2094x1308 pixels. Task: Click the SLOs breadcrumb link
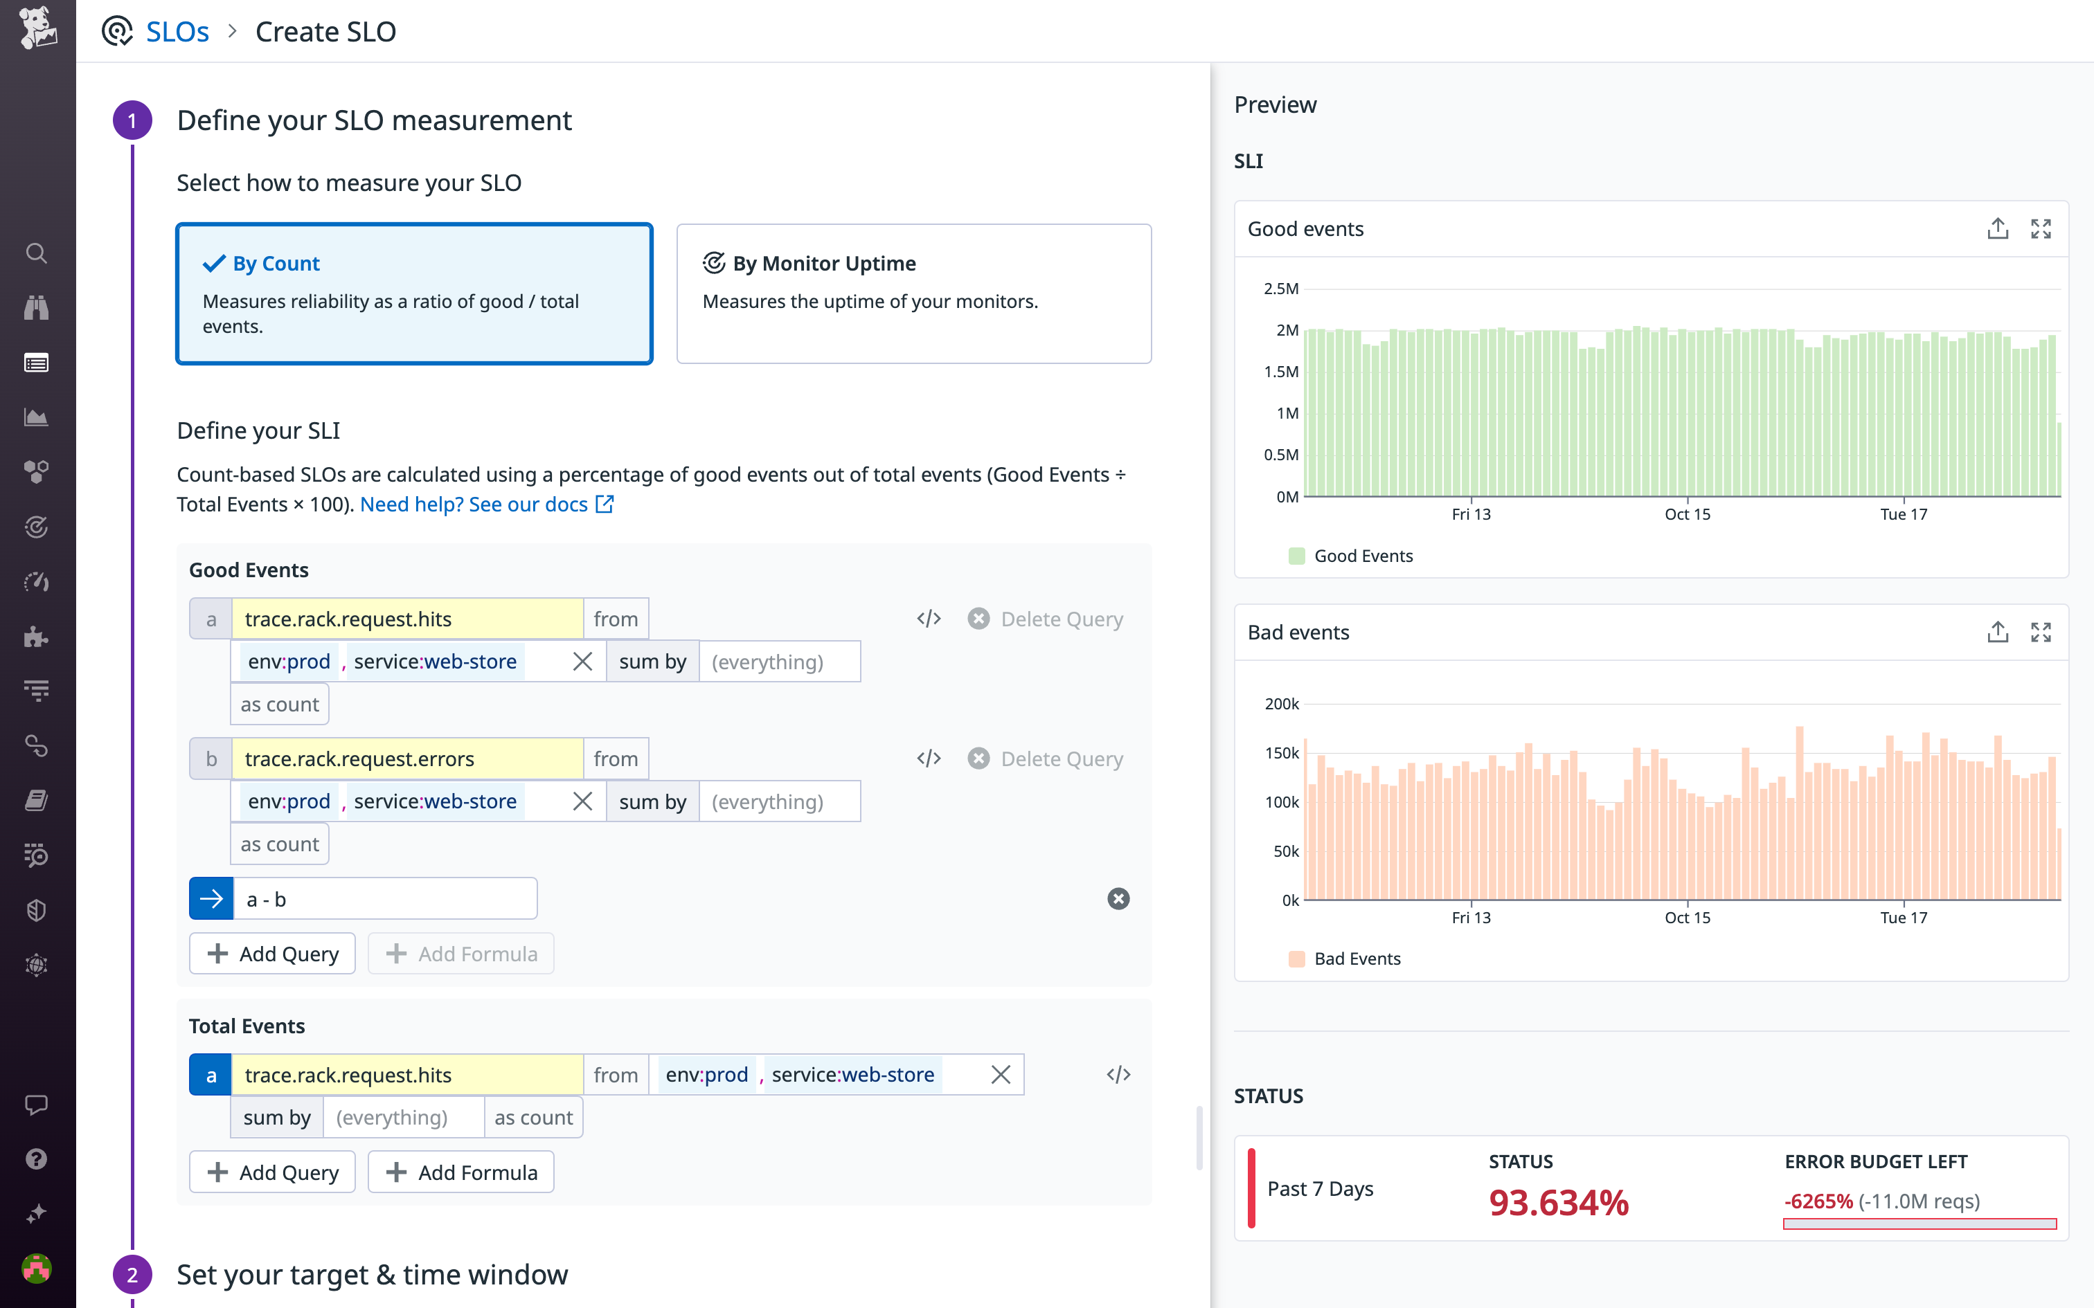coord(177,32)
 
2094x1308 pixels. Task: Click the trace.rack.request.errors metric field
coord(406,759)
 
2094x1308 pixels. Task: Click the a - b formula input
coord(384,899)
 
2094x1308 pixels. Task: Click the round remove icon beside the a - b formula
coord(1118,899)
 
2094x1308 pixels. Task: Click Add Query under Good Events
coord(273,954)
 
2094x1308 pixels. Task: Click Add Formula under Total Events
coord(461,1172)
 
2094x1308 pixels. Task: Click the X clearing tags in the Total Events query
coord(1001,1074)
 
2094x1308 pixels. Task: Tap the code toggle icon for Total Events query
coord(1118,1074)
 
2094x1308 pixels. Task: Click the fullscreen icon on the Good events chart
coord(2041,228)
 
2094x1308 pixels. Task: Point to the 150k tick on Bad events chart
coord(1282,753)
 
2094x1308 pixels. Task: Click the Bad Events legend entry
coord(1356,959)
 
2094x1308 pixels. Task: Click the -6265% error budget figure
coord(1818,1201)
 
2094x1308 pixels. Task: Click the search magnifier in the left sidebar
coord(36,253)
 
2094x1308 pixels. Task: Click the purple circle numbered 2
coord(132,1274)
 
